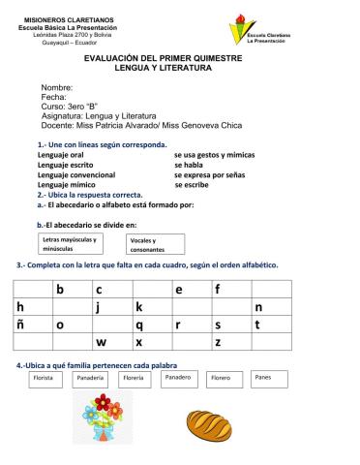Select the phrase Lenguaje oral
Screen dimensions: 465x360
(x=60, y=155)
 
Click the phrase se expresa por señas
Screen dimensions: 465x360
(x=214, y=174)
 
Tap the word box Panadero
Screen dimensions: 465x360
(x=177, y=378)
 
